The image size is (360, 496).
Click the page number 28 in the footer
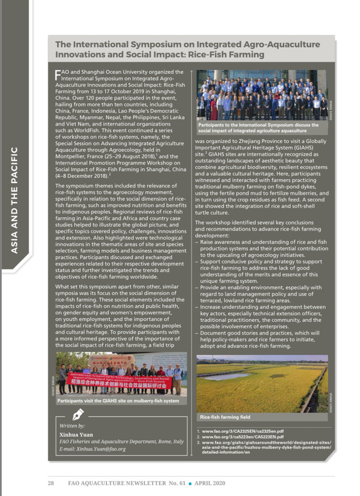(x=50, y=484)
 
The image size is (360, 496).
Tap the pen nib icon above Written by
(x=79, y=416)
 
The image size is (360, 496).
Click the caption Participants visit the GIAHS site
(x=118, y=401)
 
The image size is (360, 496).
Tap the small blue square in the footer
(x=190, y=484)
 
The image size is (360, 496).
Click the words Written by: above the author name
(x=72, y=426)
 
